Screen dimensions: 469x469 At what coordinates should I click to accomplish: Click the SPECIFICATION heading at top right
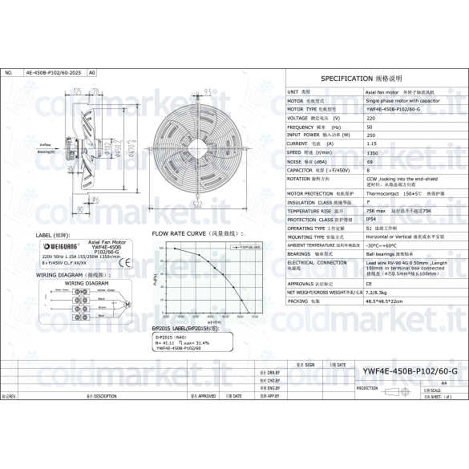(x=361, y=79)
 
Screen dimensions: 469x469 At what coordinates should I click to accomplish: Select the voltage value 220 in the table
(x=370, y=118)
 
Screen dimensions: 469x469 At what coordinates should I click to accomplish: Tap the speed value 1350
(x=372, y=152)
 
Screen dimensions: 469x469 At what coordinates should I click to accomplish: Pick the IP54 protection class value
(x=371, y=219)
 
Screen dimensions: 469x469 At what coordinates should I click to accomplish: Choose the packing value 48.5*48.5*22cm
(x=383, y=300)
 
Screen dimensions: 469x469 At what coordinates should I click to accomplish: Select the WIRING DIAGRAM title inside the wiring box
(x=86, y=283)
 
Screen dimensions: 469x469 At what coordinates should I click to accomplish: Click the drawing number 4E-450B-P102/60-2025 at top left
(x=53, y=72)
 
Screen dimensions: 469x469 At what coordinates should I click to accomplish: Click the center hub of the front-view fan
(x=196, y=141)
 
